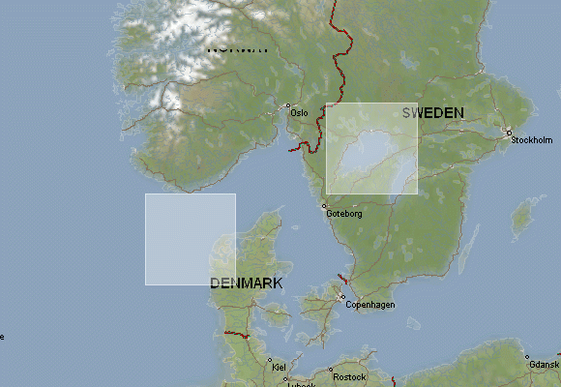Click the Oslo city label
point(299,113)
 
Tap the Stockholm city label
point(531,140)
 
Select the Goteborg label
point(344,214)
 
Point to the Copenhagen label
point(370,305)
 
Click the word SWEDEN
point(432,113)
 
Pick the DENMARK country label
point(247,283)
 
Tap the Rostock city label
point(348,376)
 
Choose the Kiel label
point(280,368)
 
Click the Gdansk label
point(545,364)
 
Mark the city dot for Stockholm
point(509,133)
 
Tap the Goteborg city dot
point(325,205)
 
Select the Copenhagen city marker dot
point(342,297)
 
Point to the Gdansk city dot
point(528,356)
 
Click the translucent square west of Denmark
point(191,239)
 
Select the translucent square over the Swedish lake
point(372,148)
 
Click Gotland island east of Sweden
point(523,215)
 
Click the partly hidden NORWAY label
point(238,48)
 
